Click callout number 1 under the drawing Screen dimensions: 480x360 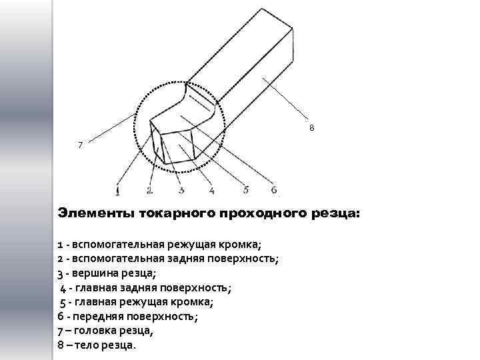pos(118,191)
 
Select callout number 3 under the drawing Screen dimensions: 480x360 pos(181,191)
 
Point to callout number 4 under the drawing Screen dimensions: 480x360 pos(211,191)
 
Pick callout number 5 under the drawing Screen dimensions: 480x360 pos(246,190)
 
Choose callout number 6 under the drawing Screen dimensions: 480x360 pos(273,190)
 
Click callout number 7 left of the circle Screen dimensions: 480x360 pos(81,145)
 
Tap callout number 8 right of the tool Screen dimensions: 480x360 pos(311,128)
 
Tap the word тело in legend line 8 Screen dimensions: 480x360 pos(87,346)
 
